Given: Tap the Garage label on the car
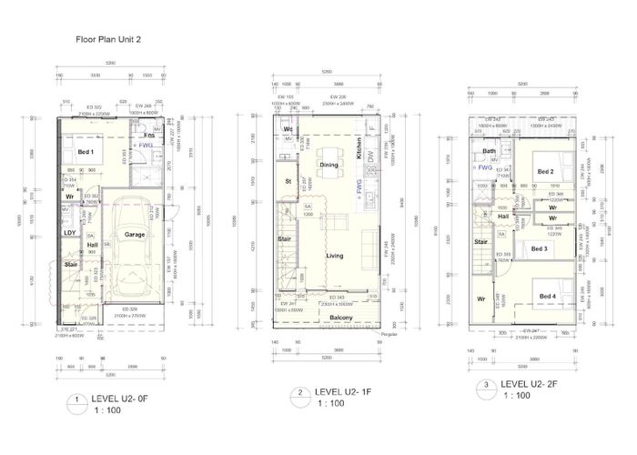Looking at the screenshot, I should (x=135, y=235).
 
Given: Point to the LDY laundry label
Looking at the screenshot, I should (x=69, y=232).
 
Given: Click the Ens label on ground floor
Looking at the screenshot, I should (x=147, y=136).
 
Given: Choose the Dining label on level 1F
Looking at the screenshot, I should (x=329, y=165).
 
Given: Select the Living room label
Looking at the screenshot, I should (x=334, y=257).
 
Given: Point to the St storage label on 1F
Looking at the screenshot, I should (x=287, y=180).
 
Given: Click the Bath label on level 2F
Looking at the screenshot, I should (x=489, y=152).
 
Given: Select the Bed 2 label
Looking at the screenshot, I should (x=544, y=172).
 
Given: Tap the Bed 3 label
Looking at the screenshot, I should (x=539, y=248).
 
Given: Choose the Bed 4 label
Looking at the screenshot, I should (x=546, y=297).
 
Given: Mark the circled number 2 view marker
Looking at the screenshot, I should (x=299, y=393).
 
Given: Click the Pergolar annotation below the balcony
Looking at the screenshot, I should (x=390, y=334).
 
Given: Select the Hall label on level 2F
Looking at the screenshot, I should (x=504, y=217).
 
